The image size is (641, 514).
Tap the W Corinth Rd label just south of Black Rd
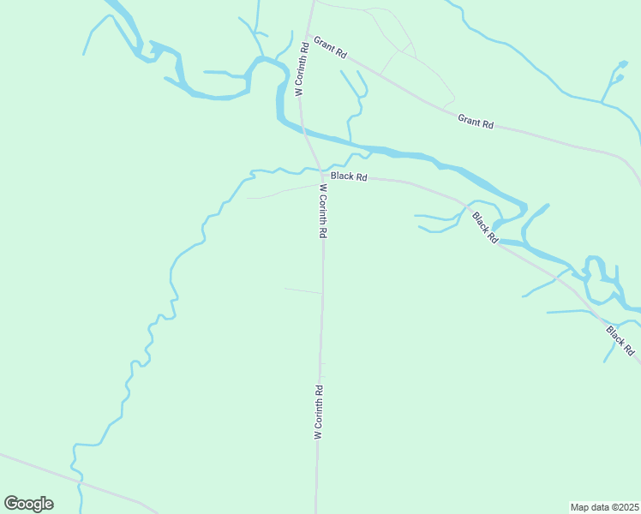coord(323,211)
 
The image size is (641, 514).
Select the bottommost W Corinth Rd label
coord(318,413)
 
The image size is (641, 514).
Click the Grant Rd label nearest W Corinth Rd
coord(331,48)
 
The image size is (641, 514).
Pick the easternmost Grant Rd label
coord(476,122)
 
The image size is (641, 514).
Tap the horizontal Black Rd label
coord(349,176)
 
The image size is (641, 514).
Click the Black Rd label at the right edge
coord(620,340)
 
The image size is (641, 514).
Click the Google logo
coord(28,504)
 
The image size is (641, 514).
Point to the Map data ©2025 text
coord(604,506)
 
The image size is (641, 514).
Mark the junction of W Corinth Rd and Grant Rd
coord(308,35)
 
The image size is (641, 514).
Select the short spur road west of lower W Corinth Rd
coord(303,290)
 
